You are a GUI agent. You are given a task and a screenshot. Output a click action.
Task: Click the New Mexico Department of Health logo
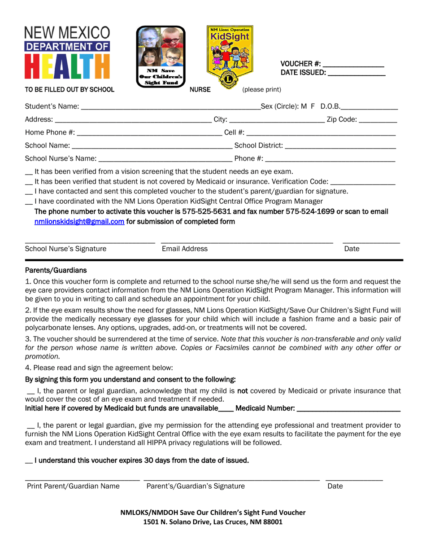pos(67,53)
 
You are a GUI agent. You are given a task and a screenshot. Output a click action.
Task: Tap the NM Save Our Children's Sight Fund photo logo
pos(161,56)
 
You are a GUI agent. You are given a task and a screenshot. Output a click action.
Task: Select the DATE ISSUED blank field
pos(356,73)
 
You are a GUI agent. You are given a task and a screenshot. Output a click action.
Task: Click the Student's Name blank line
pos(170,108)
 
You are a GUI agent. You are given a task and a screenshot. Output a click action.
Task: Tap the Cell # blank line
pos(321,134)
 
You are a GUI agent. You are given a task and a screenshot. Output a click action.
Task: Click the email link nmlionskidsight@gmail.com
pos(79,221)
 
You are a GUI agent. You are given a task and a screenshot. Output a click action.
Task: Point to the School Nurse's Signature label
pos(66,249)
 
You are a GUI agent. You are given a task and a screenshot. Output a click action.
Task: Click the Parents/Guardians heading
pos(56,270)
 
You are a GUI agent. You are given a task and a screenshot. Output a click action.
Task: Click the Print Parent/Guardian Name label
pos(74,486)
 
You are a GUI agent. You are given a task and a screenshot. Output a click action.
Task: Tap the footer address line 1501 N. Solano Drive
pos(213,522)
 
